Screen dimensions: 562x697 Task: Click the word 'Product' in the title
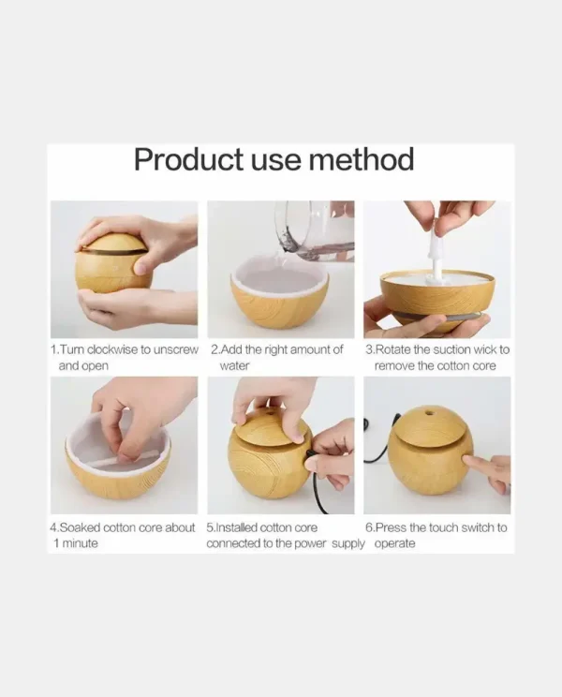pyautogui.click(x=189, y=159)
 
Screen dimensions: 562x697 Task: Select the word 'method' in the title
pyautogui.click(x=362, y=159)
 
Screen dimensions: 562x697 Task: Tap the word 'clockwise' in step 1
pyautogui.click(x=112, y=349)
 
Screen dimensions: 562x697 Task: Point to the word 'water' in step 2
pyautogui.click(x=234, y=366)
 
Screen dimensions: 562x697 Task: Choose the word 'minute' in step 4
pyautogui.click(x=80, y=543)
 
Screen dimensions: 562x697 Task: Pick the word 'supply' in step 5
pyautogui.click(x=348, y=544)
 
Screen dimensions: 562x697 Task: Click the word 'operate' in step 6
pyautogui.click(x=394, y=544)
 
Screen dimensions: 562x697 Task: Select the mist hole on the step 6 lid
pyautogui.click(x=429, y=413)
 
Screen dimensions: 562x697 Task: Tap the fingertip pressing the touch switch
pyautogui.click(x=466, y=460)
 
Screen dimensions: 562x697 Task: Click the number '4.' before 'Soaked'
pyautogui.click(x=54, y=527)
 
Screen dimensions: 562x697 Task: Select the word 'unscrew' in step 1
pyautogui.click(x=175, y=349)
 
